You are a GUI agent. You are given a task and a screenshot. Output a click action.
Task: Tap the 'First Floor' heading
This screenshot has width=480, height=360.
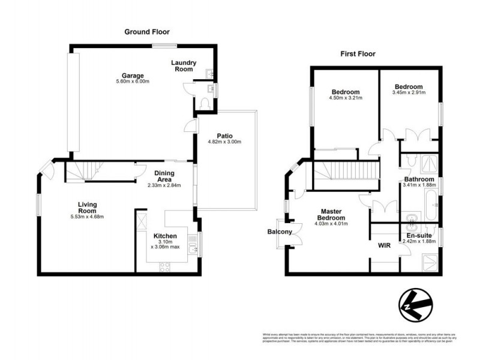(358, 54)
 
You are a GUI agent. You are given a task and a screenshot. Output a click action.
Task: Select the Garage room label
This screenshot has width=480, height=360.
(133, 76)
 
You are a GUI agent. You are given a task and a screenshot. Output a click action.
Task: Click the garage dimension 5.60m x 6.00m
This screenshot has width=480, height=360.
(133, 82)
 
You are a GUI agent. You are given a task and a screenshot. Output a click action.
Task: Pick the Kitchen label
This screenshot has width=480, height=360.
(164, 236)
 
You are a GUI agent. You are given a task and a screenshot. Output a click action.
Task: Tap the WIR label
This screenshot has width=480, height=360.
(384, 245)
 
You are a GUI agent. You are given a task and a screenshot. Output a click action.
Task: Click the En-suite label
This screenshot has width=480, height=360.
(419, 236)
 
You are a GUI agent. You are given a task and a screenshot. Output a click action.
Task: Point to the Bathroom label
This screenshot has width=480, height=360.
(419, 179)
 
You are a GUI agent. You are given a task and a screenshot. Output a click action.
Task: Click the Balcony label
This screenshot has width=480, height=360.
(280, 232)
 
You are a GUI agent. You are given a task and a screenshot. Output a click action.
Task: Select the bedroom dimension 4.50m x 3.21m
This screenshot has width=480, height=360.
(346, 98)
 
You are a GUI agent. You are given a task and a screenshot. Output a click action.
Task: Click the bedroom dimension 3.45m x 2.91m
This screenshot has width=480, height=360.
(408, 92)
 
